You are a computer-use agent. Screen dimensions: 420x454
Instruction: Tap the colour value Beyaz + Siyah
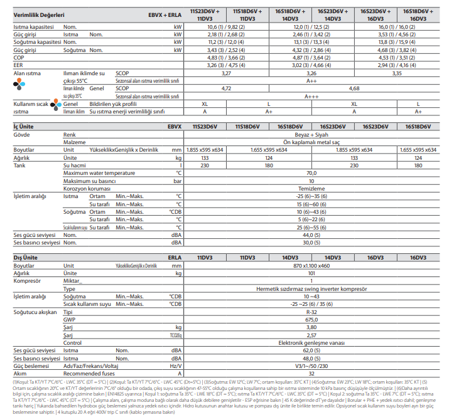point(311,134)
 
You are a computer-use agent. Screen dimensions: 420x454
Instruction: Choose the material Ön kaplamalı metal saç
point(311,142)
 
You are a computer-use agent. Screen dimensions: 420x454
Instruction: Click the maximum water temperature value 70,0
point(311,172)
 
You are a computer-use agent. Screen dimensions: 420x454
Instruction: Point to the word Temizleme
point(311,188)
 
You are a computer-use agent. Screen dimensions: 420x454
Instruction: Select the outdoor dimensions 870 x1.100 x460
point(311,266)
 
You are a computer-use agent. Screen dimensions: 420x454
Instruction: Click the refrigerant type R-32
point(311,312)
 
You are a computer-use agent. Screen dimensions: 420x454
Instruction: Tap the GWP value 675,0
point(311,319)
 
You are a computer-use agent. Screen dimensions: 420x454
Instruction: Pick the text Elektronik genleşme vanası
point(311,342)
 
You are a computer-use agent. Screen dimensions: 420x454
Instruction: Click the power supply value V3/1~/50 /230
point(311,365)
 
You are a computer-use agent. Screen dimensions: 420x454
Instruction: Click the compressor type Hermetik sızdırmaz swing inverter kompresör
point(311,288)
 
